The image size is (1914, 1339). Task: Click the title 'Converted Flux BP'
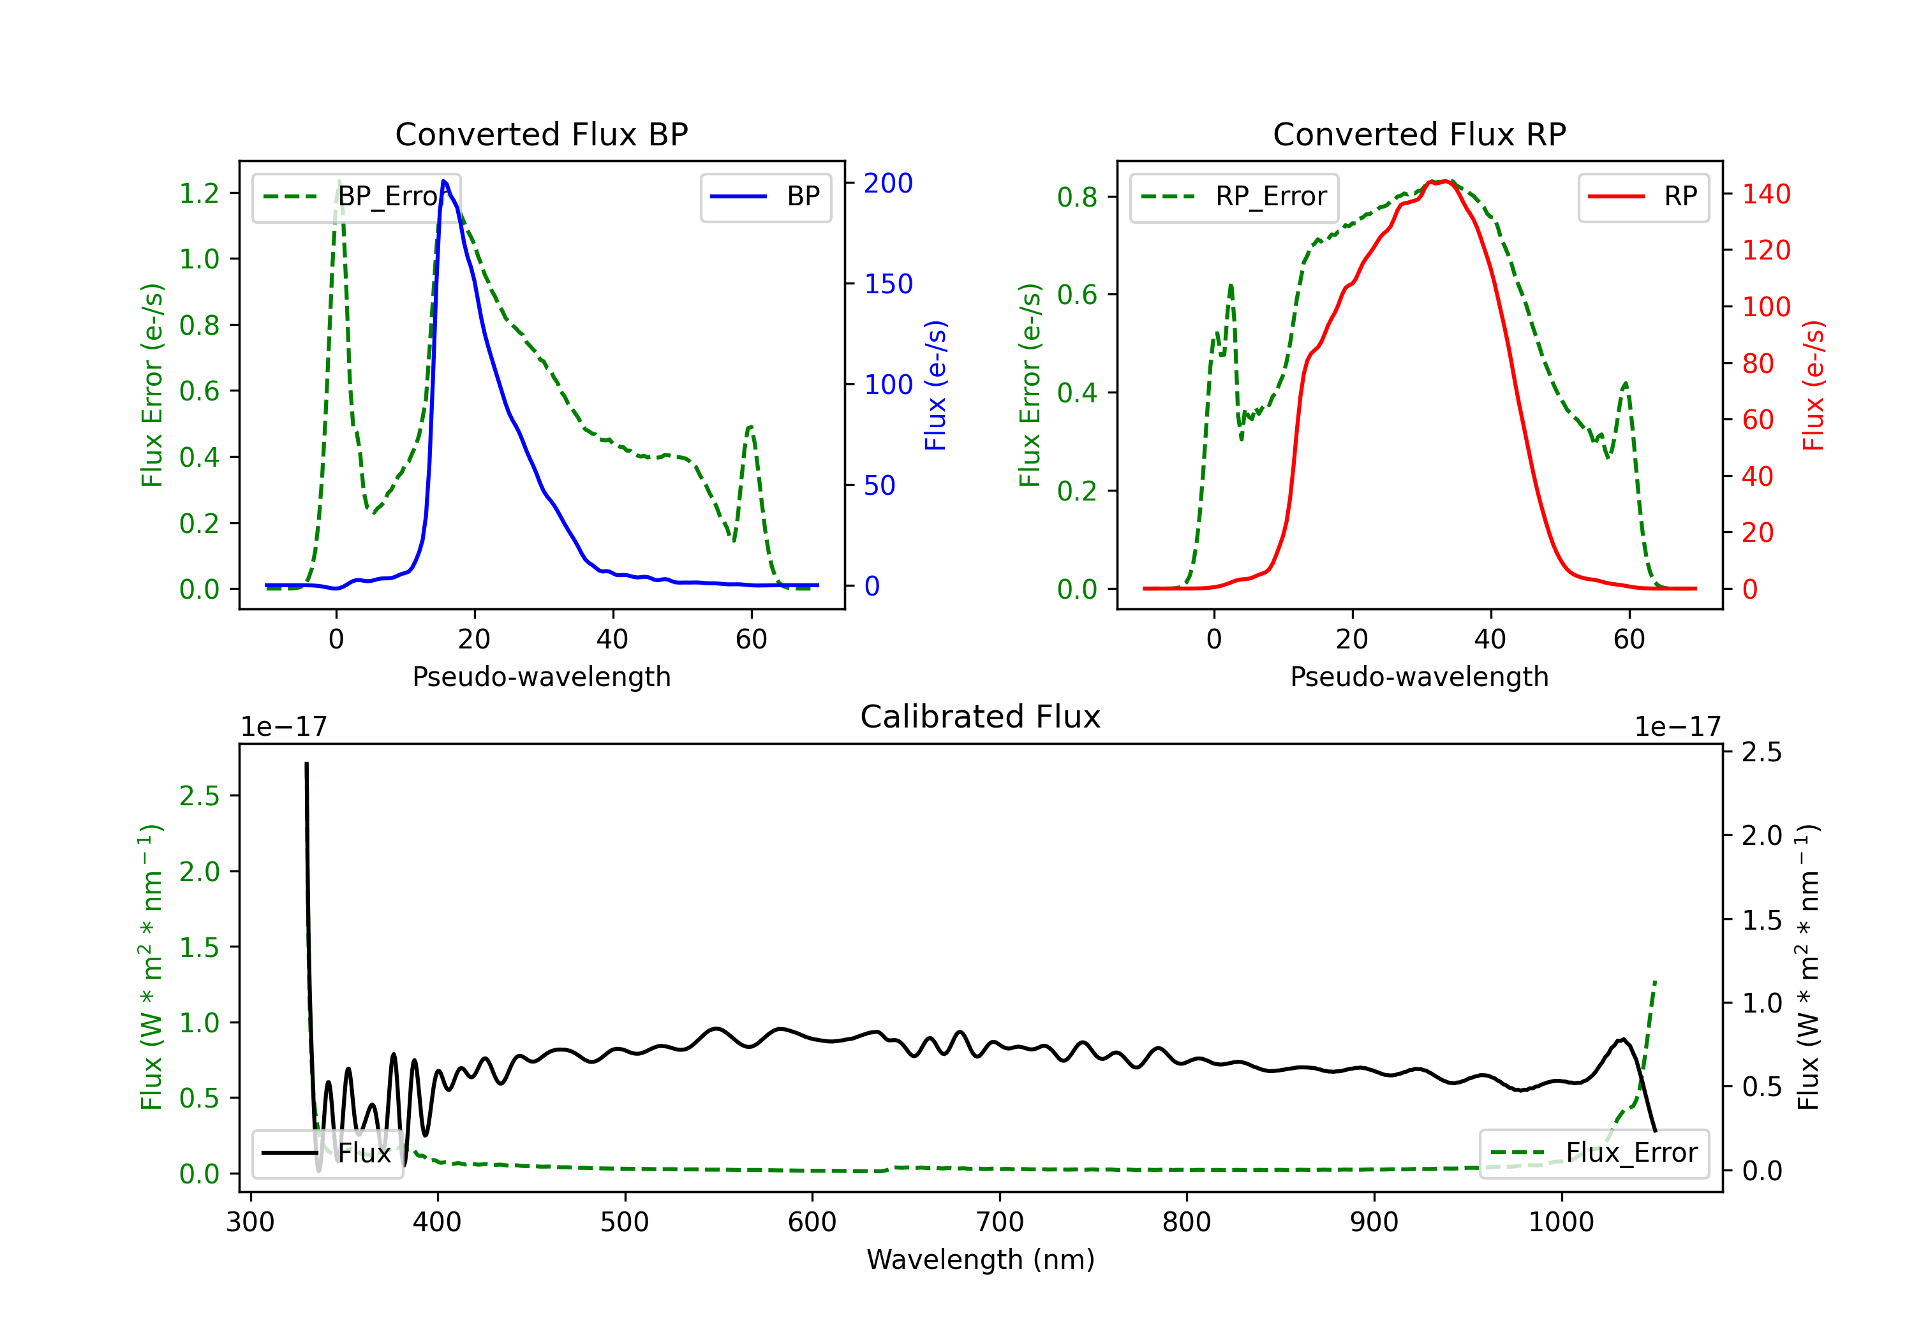point(541,134)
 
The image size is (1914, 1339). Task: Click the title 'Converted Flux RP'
point(1419,134)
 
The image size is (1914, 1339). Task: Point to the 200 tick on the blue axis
point(888,183)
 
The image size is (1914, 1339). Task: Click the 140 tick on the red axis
point(1765,194)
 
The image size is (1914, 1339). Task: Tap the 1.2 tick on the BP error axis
point(199,193)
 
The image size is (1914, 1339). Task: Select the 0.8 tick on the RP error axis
point(1077,198)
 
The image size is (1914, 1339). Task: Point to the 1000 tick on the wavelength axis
point(1561,1222)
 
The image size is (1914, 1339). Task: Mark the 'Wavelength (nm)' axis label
point(981,1259)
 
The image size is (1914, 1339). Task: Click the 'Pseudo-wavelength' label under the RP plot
point(1419,677)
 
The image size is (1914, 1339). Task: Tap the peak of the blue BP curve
point(444,181)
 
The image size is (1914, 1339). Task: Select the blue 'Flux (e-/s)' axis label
point(935,385)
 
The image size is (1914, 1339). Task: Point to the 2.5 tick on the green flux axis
point(199,796)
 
